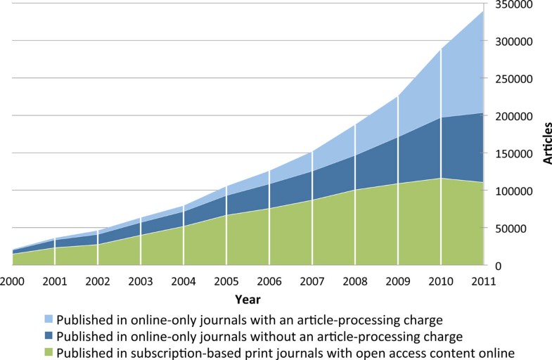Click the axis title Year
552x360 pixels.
248,299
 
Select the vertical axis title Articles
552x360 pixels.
546,143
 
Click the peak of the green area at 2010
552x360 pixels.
441,179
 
